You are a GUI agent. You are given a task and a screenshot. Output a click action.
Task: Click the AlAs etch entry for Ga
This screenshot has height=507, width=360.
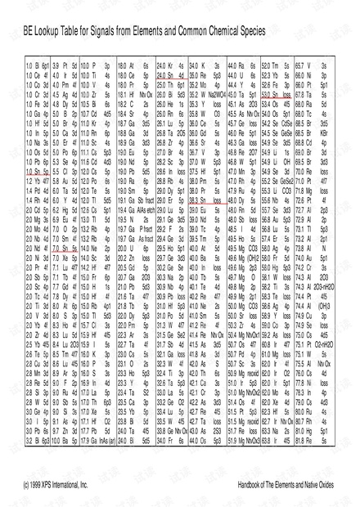pos(155,209)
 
